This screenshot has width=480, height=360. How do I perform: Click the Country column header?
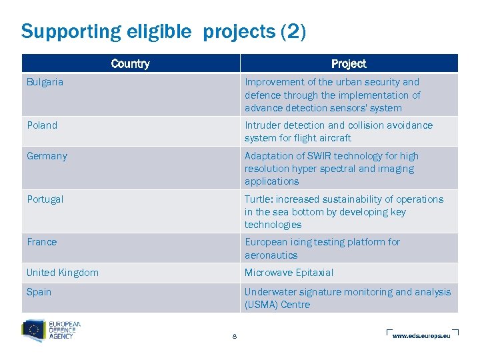coord(130,64)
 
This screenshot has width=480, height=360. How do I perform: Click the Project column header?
coord(349,64)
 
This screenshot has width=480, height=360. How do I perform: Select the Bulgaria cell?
coord(45,82)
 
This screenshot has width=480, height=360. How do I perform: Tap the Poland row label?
coord(42,125)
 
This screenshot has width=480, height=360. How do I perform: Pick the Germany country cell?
coord(47,156)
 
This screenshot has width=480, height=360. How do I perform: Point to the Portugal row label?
coord(45,199)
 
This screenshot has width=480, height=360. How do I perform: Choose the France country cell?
coord(41,242)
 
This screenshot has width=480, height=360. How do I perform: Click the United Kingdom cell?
coord(63,273)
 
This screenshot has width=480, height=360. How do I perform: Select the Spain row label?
coord(39,292)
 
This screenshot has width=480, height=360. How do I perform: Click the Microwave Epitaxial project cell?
coord(289,273)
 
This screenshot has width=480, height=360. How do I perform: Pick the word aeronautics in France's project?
coord(271,255)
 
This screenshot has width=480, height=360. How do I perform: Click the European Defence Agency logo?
coord(51,330)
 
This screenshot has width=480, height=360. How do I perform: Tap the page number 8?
coord(235,336)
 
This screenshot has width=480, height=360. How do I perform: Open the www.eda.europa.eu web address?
coord(421,335)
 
